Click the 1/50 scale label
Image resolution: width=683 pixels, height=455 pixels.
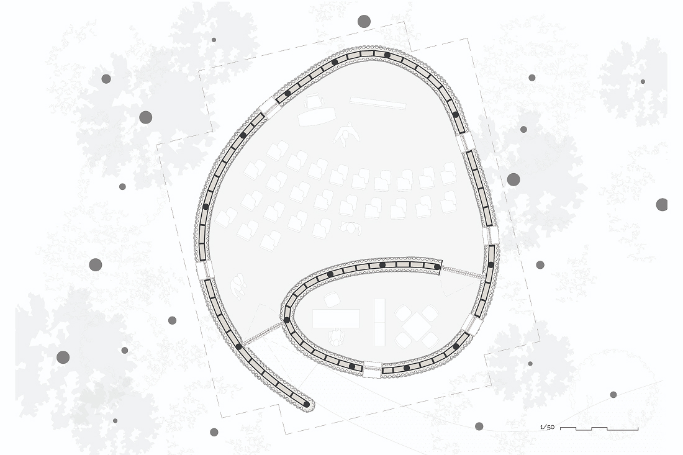(547, 427)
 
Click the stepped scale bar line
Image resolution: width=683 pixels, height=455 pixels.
(599, 429)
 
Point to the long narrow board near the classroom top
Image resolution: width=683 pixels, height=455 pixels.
(378, 103)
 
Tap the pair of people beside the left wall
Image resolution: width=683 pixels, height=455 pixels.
(238, 285)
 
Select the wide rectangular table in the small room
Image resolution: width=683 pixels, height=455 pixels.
(336, 318)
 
